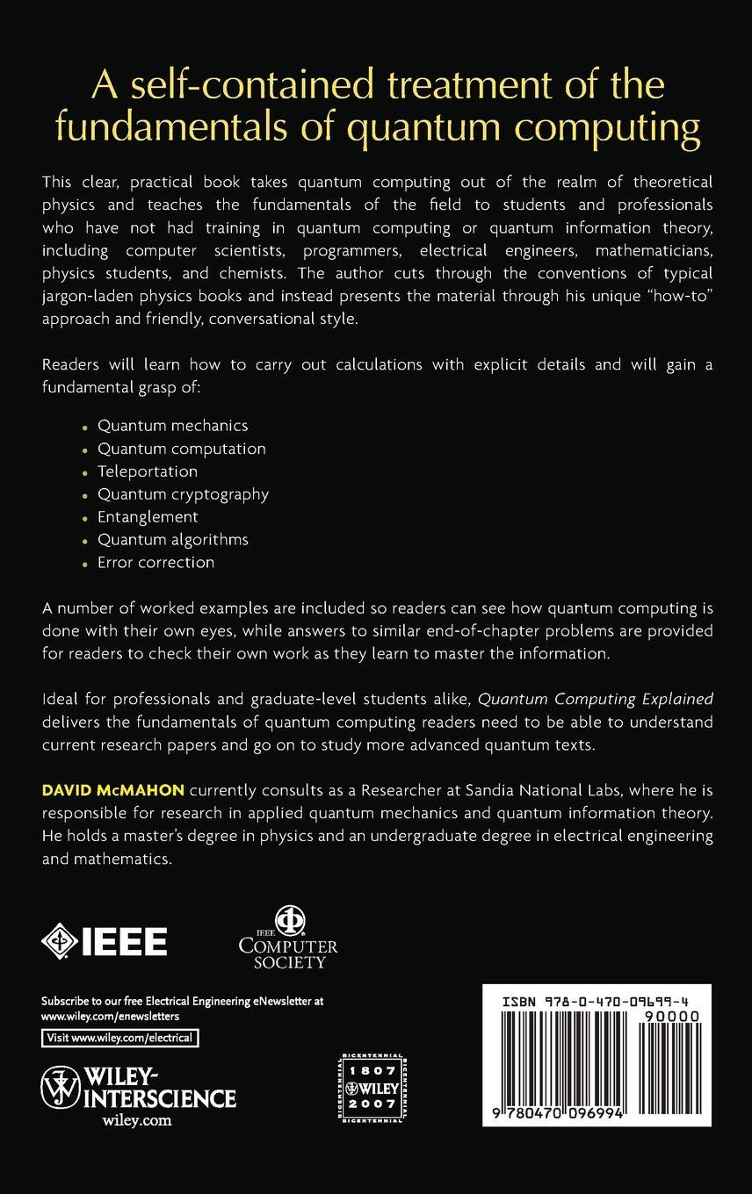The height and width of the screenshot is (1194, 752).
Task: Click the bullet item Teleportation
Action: tap(147, 471)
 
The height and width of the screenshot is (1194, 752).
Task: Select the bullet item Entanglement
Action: tap(148, 517)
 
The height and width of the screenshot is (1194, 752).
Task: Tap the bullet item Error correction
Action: tap(155, 563)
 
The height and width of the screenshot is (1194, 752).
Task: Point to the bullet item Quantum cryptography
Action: tap(183, 494)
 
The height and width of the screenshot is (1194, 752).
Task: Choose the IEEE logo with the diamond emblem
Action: tap(104, 940)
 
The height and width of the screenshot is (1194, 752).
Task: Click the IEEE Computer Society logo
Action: tap(288, 938)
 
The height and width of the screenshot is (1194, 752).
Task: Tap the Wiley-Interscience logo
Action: tap(138, 1089)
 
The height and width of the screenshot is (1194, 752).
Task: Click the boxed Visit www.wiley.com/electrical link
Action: tap(120, 1038)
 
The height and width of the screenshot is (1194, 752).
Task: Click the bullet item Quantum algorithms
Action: tap(172, 540)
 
